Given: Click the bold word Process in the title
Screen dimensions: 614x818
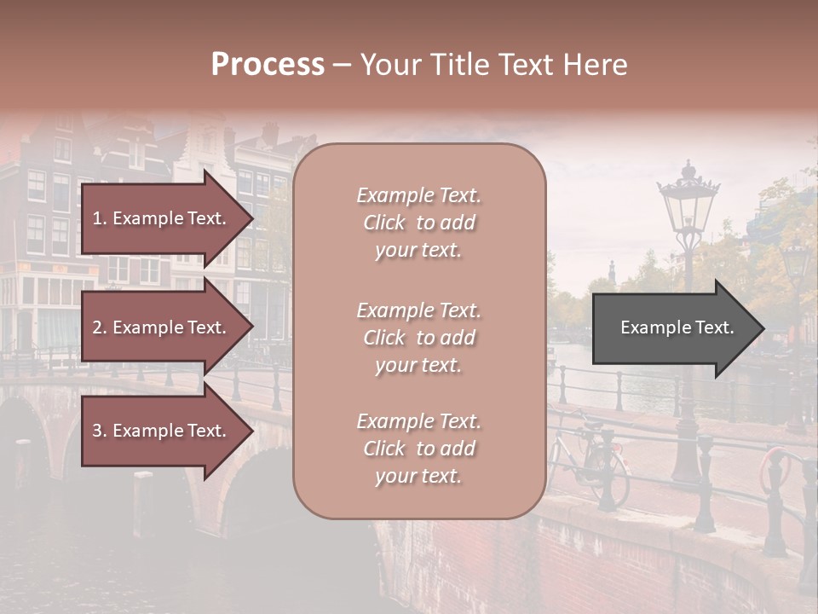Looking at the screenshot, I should click(268, 64).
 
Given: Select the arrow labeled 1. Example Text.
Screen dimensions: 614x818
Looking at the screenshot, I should click(162, 218).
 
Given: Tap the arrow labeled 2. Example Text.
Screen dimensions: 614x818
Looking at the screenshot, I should click(162, 327).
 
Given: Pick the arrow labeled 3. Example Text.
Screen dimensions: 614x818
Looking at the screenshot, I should click(162, 431).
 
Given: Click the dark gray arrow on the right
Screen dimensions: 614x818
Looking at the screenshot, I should click(673, 328).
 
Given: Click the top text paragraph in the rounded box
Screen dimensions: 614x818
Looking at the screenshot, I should click(418, 223).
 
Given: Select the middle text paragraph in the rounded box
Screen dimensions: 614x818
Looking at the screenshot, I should click(418, 338).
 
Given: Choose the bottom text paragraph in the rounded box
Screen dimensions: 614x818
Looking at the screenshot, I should click(418, 449).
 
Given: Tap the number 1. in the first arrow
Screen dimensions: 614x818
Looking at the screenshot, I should click(99, 218).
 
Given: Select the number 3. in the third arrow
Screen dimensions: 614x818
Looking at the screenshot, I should click(99, 431).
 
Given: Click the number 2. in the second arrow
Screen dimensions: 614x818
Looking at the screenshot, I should click(99, 327).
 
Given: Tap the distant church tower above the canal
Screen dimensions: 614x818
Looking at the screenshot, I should click(612, 271).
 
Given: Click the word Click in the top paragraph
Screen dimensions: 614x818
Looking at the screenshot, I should click(384, 223).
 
